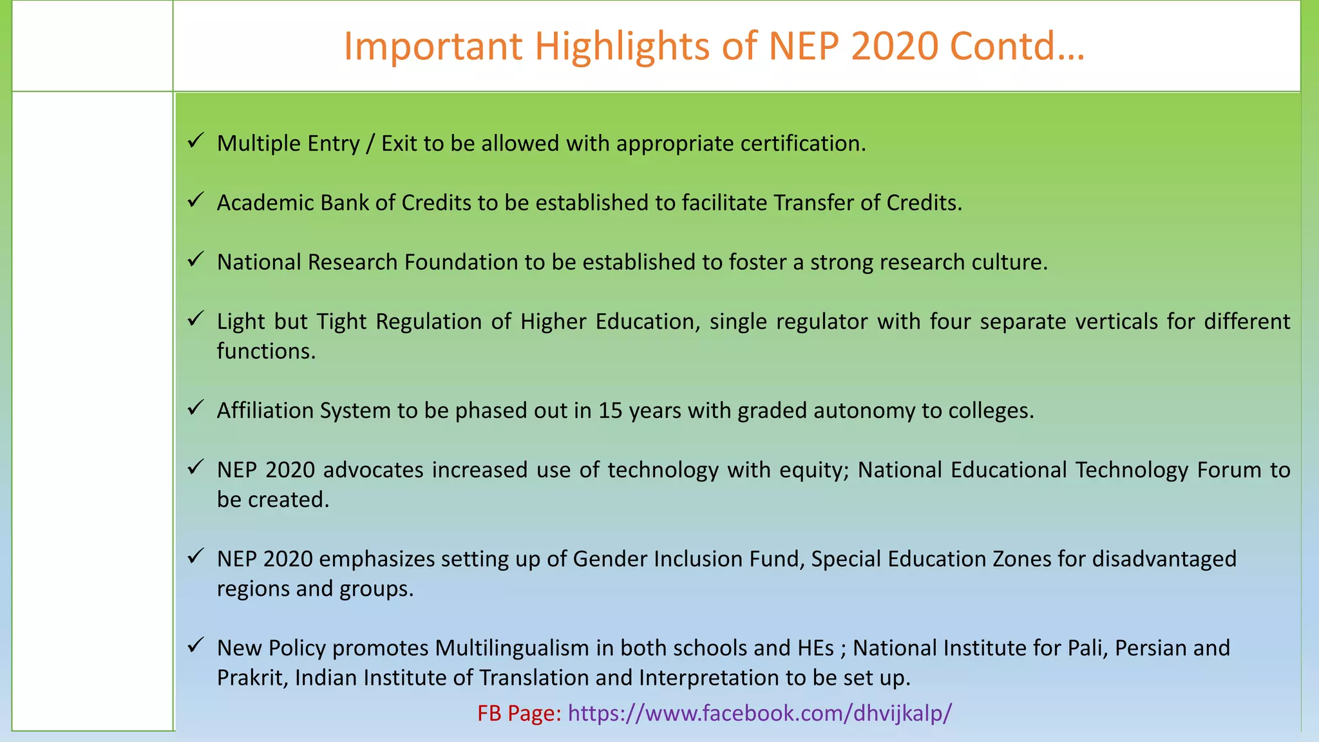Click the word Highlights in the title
(x=622, y=46)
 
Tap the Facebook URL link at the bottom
(x=760, y=713)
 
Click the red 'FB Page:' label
(x=519, y=713)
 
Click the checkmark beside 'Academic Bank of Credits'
(x=196, y=200)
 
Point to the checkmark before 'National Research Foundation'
(x=196, y=259)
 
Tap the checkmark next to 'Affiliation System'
(x=196, y=407)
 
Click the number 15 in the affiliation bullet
(x=611, y=410)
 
